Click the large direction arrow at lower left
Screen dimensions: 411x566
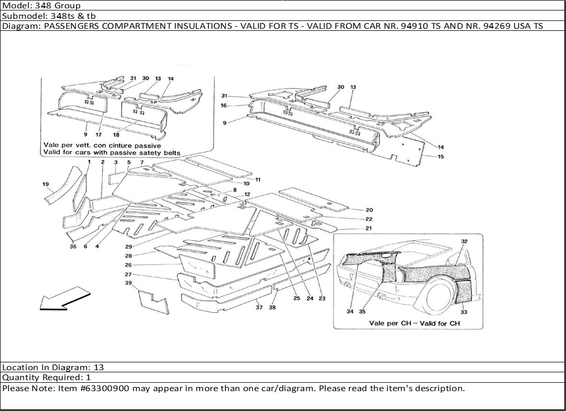click(x=62, y=298)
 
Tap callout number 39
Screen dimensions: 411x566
click(x=128, y=283)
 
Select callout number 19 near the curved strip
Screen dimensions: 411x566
click(x=45, y=184)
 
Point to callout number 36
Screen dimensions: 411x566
click(x=73, y=247)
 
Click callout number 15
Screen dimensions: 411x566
click(x=441, y=156)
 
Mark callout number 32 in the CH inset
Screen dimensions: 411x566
click(x=464, y=241)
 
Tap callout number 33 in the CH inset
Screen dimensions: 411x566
click(x=464, y=312)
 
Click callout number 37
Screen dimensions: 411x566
click(x=259, y=307)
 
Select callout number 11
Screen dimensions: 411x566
click(x=258, y=180)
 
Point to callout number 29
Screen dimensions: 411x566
click(x=128, y=246)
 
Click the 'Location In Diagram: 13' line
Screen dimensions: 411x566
click(x=53, y=368)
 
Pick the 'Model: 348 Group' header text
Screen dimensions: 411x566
click(x=42, y=6)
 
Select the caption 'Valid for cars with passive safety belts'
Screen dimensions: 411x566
click(x=111, y=153)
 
